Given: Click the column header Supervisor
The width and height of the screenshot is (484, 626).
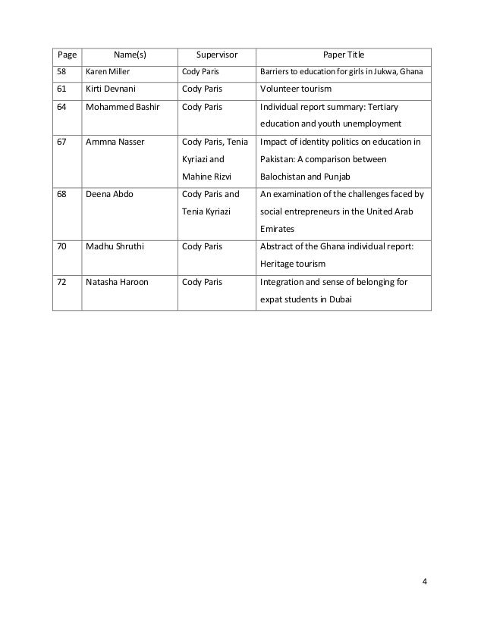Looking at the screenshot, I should tap(217, 55).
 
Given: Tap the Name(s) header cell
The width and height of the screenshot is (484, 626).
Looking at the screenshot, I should tap(129, 55).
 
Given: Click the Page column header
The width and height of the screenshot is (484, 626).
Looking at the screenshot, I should tap(65, 55).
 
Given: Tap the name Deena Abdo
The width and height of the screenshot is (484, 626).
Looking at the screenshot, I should tap(108, 194).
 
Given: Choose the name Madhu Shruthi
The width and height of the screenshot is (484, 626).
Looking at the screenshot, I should tap(114, 246).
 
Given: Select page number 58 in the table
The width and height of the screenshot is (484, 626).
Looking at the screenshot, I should tap(61, 73).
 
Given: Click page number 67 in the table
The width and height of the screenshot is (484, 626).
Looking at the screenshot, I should tap(61, 142).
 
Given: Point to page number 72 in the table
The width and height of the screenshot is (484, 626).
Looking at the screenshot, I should tap(61, 281).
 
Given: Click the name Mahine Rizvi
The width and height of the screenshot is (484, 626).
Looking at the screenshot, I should tap(205, 177).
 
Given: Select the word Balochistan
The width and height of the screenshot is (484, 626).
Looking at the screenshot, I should tap(285, 177).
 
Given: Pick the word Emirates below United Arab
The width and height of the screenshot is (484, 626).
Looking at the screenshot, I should tap(279, 228).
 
